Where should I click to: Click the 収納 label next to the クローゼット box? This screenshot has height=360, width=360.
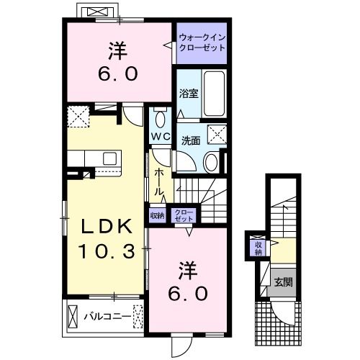click(156, 215)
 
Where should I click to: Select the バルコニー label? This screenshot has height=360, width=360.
click(106, 315)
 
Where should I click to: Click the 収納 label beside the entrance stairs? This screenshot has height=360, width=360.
click(257, 248)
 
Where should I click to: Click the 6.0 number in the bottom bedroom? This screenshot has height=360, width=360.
click(189, 293)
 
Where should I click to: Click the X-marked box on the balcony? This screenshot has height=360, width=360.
click(73, 315)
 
